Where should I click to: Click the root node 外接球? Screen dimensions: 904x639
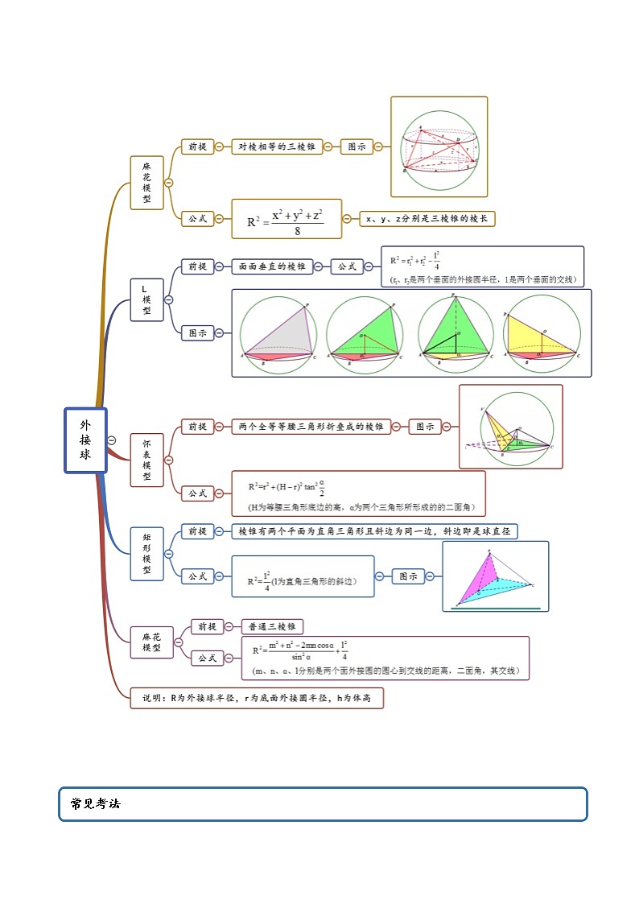click(85, 440)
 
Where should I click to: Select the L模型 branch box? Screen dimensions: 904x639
click(146, 299)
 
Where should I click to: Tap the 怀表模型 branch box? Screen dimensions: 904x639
click(146, 460)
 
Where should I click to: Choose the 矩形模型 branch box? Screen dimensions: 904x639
click(146, 553)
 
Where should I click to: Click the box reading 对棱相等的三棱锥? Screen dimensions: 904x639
click(277, 147)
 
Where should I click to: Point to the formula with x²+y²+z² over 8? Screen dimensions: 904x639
click(287, 219)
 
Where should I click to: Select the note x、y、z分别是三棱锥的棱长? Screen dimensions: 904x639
click(427, 219)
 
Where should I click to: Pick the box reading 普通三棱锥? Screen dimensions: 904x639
click(273, 626)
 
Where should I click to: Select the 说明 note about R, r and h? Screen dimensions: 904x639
click(257, 698)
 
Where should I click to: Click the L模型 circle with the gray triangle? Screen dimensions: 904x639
click(278, 332)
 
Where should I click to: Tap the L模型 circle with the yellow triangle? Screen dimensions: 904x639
click(542, 332)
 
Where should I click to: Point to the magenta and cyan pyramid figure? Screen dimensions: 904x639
click(495, 576)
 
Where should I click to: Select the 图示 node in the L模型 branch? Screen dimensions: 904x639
click(197, 332)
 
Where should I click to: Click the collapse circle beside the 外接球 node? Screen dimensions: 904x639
click(112, 440)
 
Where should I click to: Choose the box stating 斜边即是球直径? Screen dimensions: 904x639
click(374, 531)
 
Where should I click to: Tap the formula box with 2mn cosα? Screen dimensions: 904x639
click(385, 658)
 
